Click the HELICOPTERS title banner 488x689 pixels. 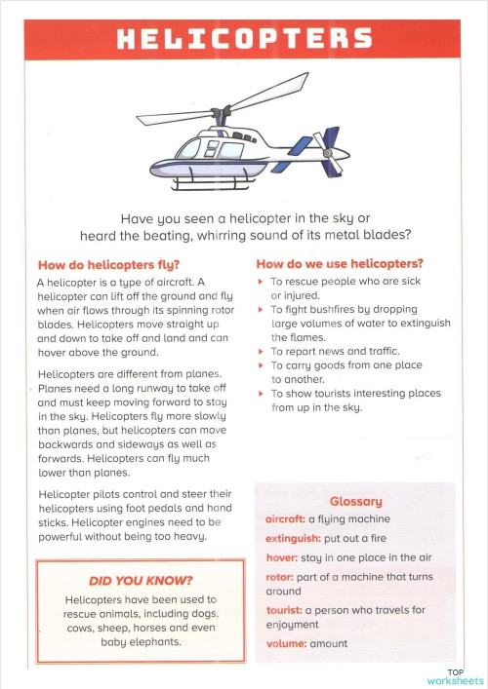pos(244,39)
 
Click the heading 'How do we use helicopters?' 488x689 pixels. pos(339,263)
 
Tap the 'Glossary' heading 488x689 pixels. pos(355,501)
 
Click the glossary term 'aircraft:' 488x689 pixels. pos(285,519)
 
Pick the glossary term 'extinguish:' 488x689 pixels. pos(294,538)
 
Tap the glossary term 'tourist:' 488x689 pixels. pos(284,610)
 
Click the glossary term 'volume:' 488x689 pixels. pos(286,643)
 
